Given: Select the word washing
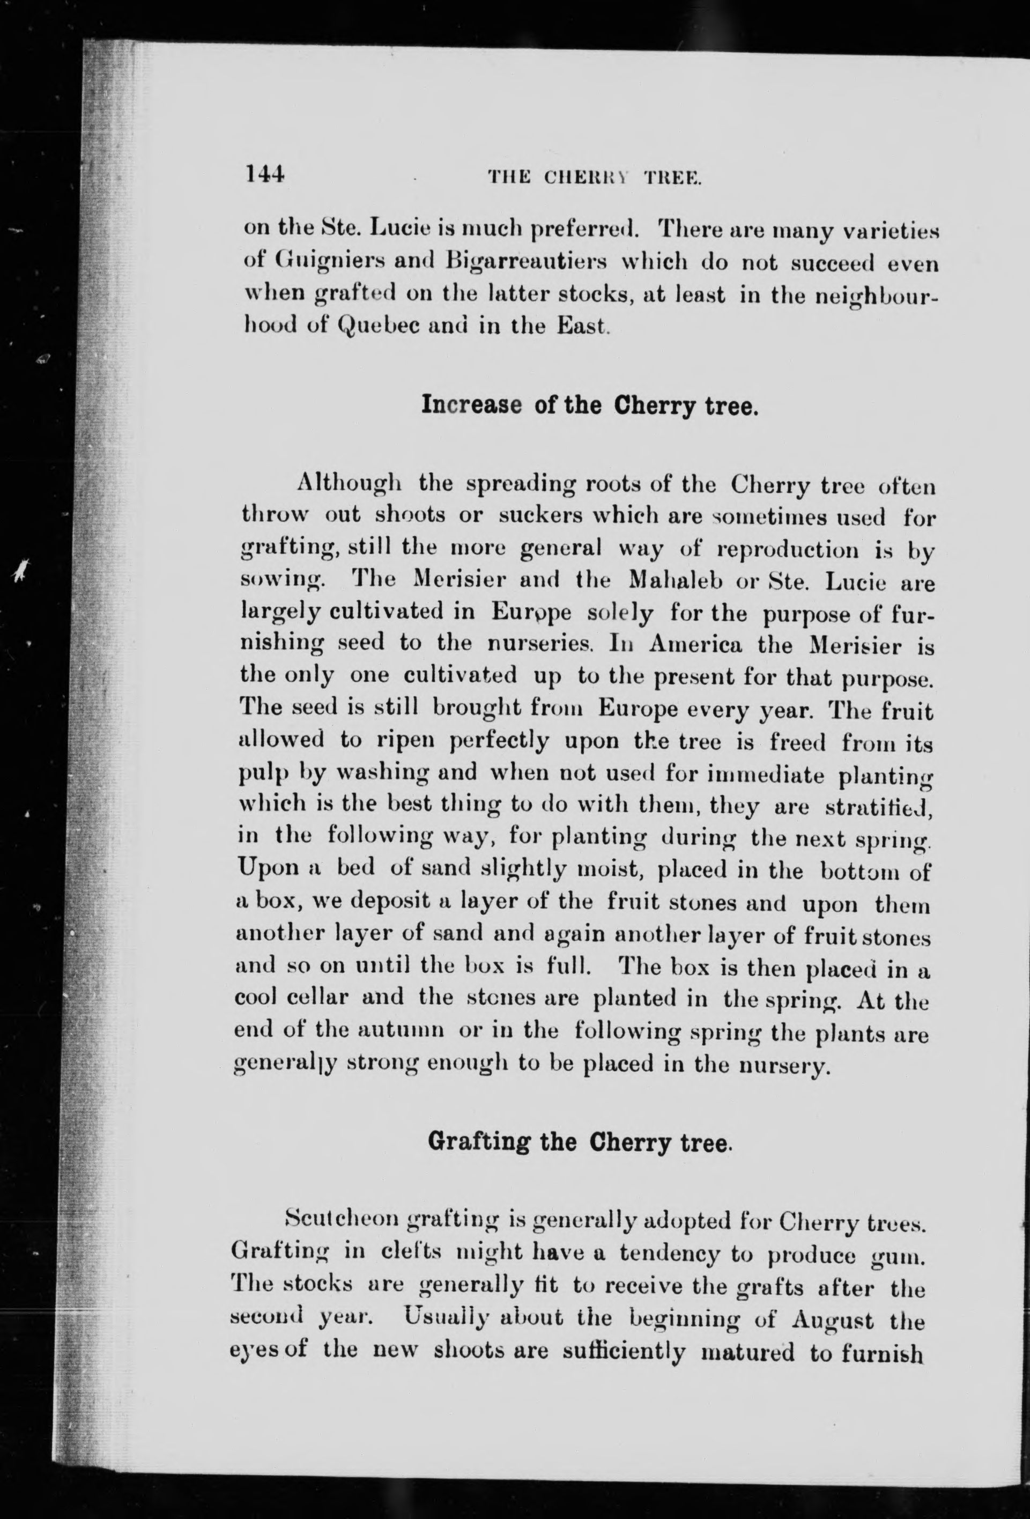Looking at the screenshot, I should [x=385, y=775].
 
